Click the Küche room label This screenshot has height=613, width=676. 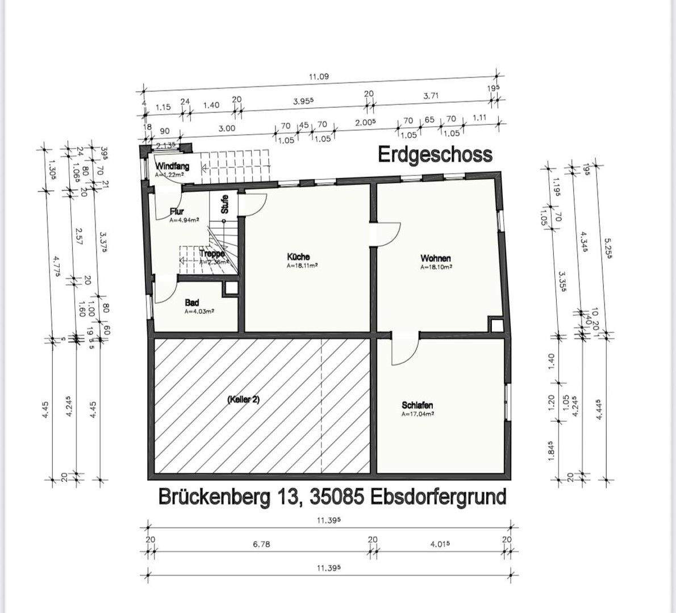point(298,257)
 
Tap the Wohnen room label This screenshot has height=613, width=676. point(436,258)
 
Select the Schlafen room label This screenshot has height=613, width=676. point(418,405)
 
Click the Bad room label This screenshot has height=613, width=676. point(192,303)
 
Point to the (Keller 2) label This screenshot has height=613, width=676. point(243,400)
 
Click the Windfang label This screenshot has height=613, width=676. point(172,167)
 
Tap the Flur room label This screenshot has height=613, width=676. point(177,212)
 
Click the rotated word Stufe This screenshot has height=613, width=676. point(225,203)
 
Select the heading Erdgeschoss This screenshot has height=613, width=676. point(435,154)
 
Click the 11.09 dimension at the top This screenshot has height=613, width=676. point(319,77)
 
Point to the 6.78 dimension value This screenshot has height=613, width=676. point(261,544)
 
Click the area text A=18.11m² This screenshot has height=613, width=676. point(302,265)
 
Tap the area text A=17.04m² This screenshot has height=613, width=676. point(418,414)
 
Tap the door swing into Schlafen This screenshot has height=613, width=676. point(404,347)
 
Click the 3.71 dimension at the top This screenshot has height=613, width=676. point(431,96)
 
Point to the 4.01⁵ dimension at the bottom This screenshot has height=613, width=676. point(441,544)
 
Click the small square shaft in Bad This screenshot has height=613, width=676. point(231,288)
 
